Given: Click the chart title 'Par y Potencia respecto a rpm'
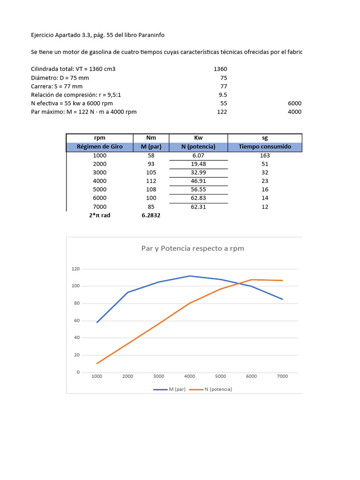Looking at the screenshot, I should tap(193, 248).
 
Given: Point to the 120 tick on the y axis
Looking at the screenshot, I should tap(75, 269).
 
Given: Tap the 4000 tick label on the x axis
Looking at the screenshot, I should tap(189, 376).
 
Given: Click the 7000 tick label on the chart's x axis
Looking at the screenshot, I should tap(282, 376).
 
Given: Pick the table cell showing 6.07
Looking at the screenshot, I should tap(198, 155).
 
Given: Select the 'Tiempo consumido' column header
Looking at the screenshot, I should tap(265, 147).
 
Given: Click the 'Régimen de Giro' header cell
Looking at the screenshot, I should tap(100, 147).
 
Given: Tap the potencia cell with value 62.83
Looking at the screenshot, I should tap(198, 198).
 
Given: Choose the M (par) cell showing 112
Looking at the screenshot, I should tap(151, 181).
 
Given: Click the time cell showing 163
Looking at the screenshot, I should tap(265, 155).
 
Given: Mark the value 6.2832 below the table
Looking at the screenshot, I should tap(151, 215).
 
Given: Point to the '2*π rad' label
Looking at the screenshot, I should tap(100, 215).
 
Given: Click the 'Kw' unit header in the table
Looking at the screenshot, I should tap(198, 138).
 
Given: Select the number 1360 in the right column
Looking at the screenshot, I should tap(220, 69).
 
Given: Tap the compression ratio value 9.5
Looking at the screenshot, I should tap(223, 95).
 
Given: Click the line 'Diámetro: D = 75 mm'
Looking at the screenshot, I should tap(60, 78).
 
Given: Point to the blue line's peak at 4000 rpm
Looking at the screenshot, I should tap(189, 276).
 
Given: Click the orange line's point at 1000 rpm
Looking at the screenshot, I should tap(97, 363).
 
